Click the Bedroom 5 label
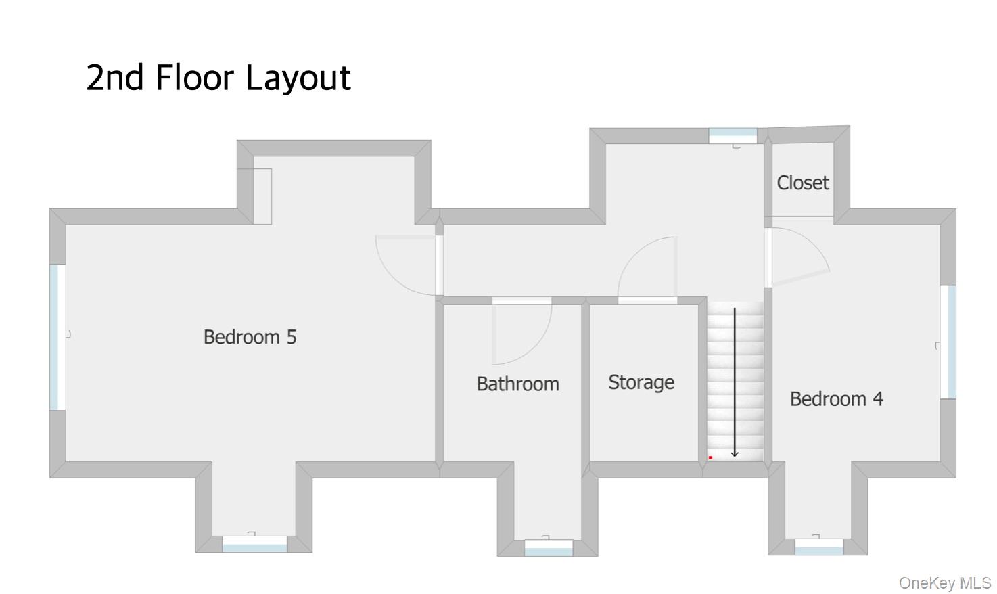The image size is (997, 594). coord(250,337)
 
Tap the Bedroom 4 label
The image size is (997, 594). coord(836,399)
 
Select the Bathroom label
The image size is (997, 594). coord(517,384)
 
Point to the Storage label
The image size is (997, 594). coord(641,382)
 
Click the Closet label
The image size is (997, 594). coord(802,183)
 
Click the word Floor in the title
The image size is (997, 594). coord(195,78)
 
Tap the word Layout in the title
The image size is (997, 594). coord(298,78)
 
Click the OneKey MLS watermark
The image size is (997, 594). coord(945,583)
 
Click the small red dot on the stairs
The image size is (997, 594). coord(710,457)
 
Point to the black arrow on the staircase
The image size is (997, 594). coord(735,382)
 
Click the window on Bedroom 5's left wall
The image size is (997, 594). coord(57,338)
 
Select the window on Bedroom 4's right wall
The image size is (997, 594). coord(948,342)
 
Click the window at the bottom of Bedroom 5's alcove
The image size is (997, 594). coord(254,544)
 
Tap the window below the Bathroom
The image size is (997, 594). coord(549,548)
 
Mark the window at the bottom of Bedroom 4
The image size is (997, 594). coord(819,547)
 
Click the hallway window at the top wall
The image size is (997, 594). coord(733,136)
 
